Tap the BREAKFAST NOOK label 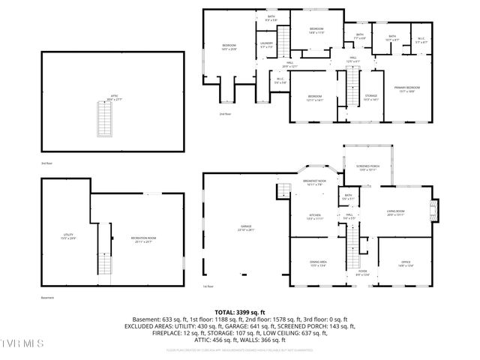313,181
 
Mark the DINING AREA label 319,262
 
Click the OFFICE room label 406,262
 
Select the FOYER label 362,271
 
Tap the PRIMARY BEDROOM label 407,89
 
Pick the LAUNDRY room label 267,45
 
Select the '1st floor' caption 207,286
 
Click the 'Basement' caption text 47,298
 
